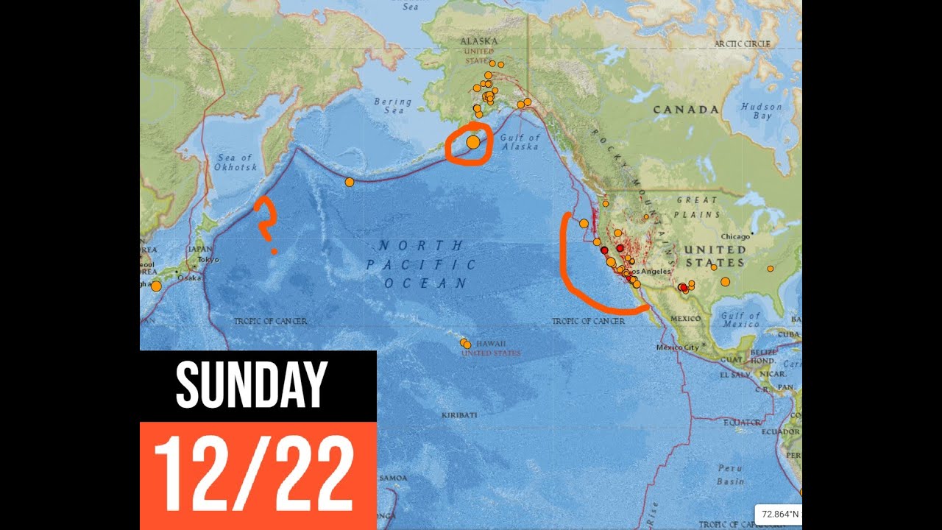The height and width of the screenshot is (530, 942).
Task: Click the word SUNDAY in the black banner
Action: click(251, 385)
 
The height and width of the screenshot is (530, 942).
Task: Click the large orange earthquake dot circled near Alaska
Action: click(472, 142)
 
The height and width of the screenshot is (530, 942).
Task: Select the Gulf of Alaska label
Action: click(520, 142)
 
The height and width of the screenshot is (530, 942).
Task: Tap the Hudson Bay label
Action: click(762, 111)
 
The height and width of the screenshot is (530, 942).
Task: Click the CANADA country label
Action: click(686, 110)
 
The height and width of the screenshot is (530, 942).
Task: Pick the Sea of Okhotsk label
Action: click(235, 163)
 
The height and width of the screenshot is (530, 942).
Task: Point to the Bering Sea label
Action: click(389, 105)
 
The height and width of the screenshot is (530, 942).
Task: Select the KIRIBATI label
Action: click(459, 415)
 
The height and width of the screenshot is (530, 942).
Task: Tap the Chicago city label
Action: click(735, 236)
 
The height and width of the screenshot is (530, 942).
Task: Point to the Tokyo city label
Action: click(208, 259)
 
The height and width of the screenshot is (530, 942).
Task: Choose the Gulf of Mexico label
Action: click(740, 319)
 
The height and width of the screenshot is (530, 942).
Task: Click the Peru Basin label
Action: click(730, 475)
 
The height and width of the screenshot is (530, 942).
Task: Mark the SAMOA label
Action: click(393, 478)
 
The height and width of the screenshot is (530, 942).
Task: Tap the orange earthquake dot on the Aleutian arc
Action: click(350, 182)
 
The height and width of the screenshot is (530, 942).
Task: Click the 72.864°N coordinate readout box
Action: click(779, 514)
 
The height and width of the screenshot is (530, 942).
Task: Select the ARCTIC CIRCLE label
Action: click(742, 44)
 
